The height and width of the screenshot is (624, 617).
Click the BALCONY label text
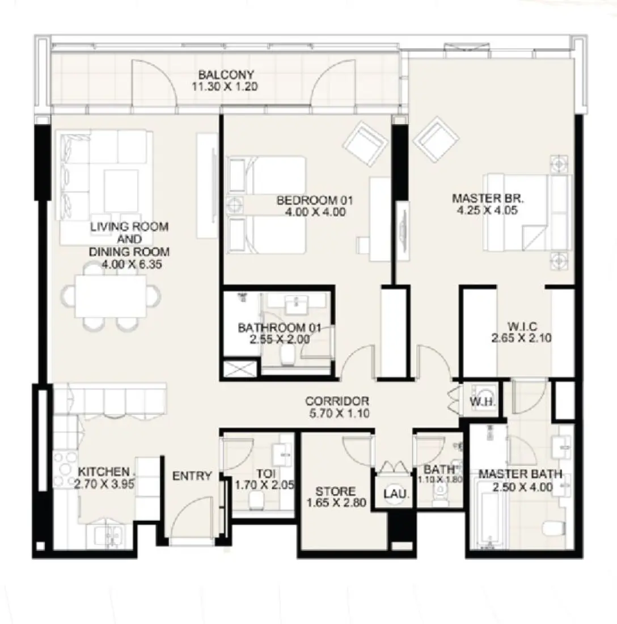pos(225,75)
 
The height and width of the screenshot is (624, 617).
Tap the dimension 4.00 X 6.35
pos(130,264)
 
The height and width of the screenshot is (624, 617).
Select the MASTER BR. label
pos(488,199)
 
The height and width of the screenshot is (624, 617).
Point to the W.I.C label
pos(522,326)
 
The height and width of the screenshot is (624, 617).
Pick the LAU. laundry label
pos(395,494)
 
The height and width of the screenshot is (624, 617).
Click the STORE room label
pos(336,491)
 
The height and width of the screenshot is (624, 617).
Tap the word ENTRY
pos(192,476)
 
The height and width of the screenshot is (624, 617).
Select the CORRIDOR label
pos(337,401)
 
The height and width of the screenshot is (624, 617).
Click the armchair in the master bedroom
pos(436,138)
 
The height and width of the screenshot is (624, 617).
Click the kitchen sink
pos(107,534)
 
